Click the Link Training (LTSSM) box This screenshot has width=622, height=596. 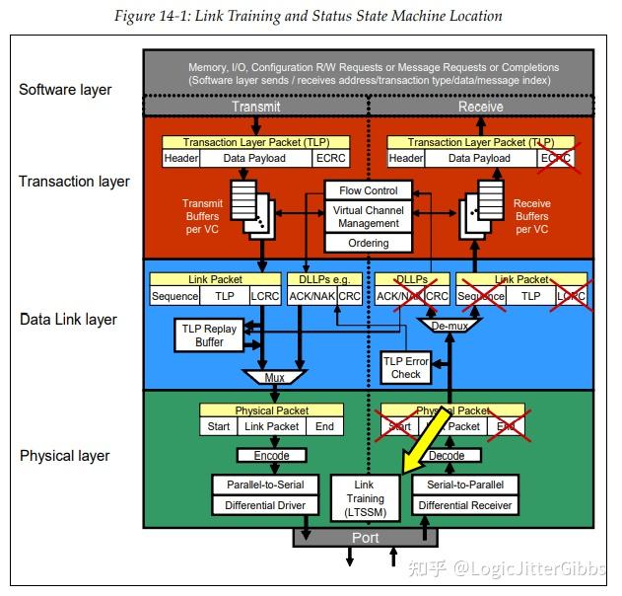click(366, 498)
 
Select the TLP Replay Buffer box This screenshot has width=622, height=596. click(209, 335)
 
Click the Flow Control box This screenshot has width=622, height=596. click(368, 189)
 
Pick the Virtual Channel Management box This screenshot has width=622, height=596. click(368, 216)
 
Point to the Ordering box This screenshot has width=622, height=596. click(368, 243)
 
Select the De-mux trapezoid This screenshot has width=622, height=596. click(449, 324)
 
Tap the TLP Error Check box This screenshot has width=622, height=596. click(405, 367)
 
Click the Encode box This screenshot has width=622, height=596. click(271, 456)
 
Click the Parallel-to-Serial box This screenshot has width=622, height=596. click(264, 485)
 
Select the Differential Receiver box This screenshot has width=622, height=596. click(465, 505)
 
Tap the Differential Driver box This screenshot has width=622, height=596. click(264, 505)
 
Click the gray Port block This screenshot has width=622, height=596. click(366, 538)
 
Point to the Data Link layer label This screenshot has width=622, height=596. click(68, 319)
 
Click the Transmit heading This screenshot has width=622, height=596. click(255, 106)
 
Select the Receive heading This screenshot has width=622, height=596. click(480, 106)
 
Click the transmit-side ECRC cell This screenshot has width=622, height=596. click(329, 158)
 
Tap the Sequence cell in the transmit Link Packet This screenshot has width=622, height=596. click(174, 295)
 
